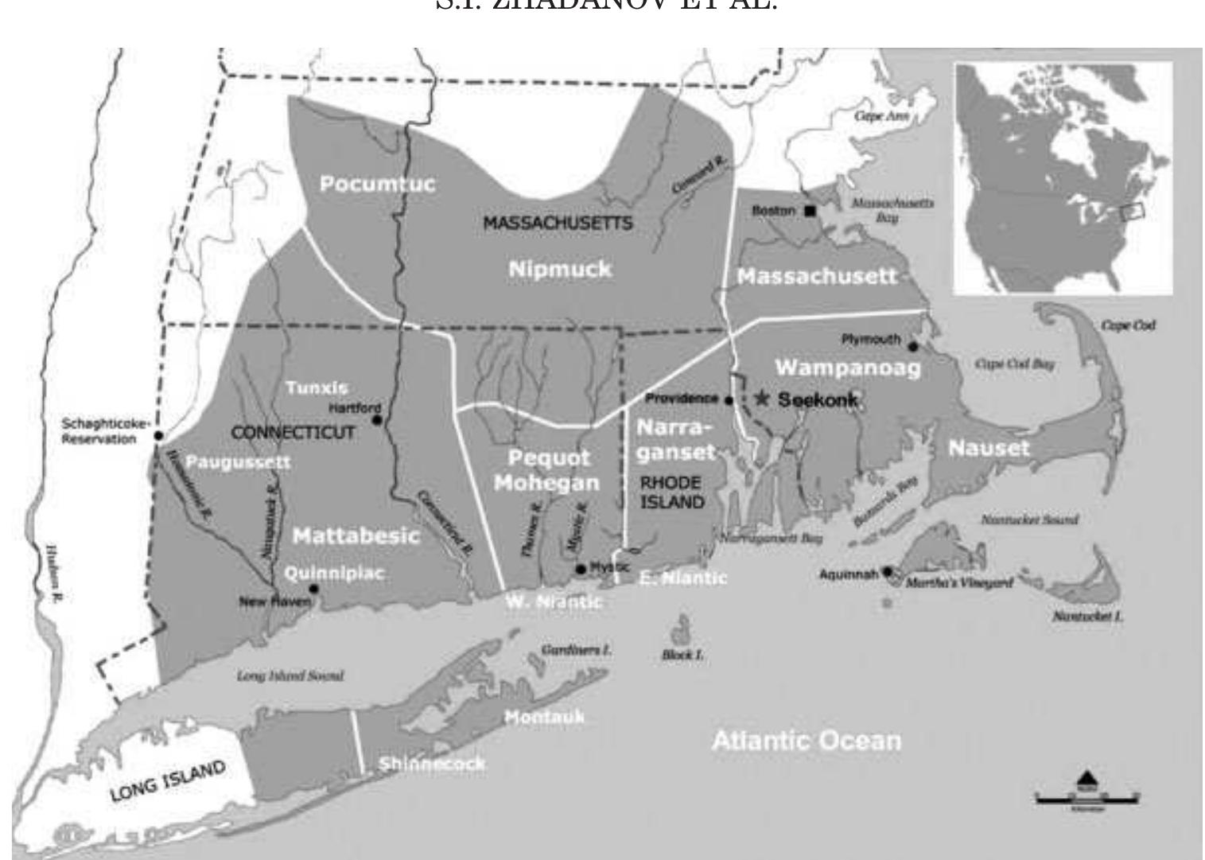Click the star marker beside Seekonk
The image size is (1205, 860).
(763, 398)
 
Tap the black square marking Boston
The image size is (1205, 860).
(810, 211)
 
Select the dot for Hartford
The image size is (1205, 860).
(376, 419)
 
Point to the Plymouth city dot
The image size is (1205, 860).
(913, 346)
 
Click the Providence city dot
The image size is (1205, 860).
(729, 400)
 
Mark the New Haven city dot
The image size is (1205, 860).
(314, 589)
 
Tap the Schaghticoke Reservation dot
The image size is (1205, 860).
(159, 435)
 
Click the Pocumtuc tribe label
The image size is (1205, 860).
(377, 184)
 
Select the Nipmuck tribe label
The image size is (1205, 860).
(560, 269)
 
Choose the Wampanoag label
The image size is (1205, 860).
(848, 368)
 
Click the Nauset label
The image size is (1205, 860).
(989, 448)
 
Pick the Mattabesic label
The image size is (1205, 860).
(356, 536)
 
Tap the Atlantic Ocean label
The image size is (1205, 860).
(807, 741)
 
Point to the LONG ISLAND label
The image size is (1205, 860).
(168, 782)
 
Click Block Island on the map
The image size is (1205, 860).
(681, 631)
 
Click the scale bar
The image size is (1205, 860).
(1086, 796)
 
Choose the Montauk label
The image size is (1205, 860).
(544, 717)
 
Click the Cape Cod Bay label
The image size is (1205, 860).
(1014, 364)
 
